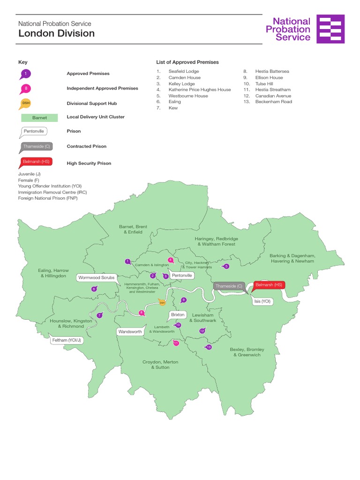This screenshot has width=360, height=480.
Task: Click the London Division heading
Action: point(56,34)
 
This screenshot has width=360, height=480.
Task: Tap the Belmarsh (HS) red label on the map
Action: point(269,285)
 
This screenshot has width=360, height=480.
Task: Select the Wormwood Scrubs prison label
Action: point(96,277)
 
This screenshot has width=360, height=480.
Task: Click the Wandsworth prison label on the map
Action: point(130,331)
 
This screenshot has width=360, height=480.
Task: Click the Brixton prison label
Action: point(178,315)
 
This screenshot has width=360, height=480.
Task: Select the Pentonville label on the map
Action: point(182,276)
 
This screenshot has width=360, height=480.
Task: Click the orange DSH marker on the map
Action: point(162,303)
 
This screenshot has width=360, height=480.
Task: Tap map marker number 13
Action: point(209,347)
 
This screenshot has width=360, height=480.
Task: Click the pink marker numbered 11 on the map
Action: point(176,343)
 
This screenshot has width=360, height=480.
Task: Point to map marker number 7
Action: point(99,315)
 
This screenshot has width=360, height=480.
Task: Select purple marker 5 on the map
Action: point(226,266)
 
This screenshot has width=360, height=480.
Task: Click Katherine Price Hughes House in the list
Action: point(200,90)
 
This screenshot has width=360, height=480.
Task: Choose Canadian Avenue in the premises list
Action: point(273,96)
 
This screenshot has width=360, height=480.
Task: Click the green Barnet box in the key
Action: point(39,118)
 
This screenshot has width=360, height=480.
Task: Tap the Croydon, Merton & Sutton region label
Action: point(160,365)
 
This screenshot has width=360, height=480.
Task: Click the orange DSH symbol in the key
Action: point(26,103)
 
